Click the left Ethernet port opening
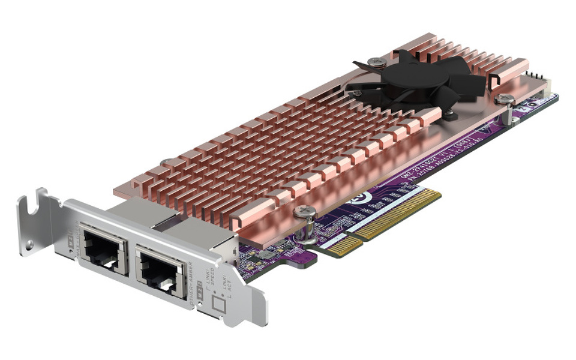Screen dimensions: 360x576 (104, 248)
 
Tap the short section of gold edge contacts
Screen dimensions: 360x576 (344, 245)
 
